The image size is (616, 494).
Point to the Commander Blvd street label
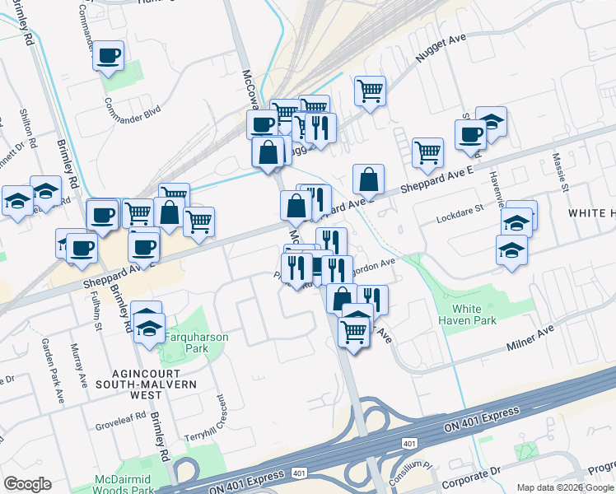click(132, 112)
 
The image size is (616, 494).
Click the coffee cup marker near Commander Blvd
click(108, 56)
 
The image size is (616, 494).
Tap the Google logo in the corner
click(27, 484)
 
